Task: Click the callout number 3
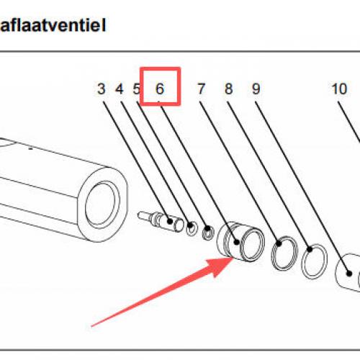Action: [102, 89]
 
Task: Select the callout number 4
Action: [120, 89]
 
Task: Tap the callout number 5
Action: [136, 89]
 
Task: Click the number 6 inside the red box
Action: [160, 89]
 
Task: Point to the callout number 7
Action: [201, 89]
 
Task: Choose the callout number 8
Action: [228, 89]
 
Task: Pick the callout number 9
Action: [256, 89]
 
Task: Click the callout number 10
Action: [339, 89]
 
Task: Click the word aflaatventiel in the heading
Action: [53, 25]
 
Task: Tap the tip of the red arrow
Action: [233, 257]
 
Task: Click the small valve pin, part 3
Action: [161, 221]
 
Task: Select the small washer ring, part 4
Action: [192, 228]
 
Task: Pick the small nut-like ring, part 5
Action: [208, 233]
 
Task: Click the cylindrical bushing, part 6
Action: [240, 242]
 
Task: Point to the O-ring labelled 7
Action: [284, 253]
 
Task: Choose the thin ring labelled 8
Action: [315, 261]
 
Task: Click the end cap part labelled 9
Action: [348, 272]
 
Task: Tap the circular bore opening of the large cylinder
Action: [102, 204]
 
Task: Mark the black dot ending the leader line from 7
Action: [279, 243]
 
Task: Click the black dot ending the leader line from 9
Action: [349, 274]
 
